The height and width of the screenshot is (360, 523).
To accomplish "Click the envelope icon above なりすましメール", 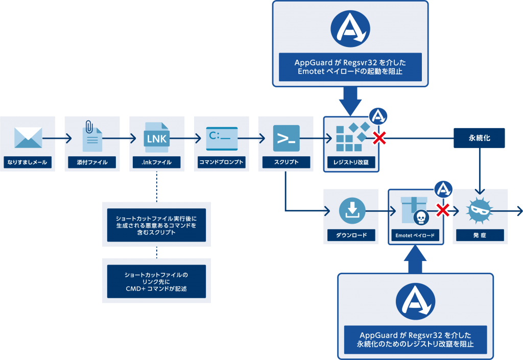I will tap(28, 137).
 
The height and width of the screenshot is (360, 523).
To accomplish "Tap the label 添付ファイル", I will tap(92, 163).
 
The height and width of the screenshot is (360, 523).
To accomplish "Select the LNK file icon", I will tap(157, 137).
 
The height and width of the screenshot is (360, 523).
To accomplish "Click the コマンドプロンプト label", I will tap(222, 163).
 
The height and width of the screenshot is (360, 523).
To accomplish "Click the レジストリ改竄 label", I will tap(351, 163).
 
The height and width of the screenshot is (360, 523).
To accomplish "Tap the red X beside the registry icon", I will tap(379, 137).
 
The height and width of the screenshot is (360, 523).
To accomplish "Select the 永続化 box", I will tap(480, 138).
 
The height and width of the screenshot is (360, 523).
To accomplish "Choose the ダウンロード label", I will tap(351, 235).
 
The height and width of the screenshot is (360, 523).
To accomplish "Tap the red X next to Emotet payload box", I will tap(443, 210).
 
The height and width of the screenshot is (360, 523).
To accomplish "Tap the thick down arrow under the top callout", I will tap(350, 100).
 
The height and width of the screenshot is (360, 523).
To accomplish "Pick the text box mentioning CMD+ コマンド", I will tap(156, 281).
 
